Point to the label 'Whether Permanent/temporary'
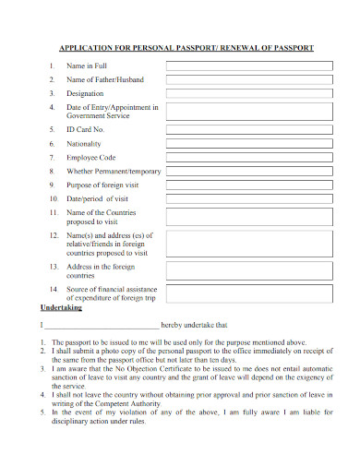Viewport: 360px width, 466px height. tap(114, 172)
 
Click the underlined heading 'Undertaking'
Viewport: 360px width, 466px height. tap(63, 307)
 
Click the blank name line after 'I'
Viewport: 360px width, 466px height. tap(102, 326)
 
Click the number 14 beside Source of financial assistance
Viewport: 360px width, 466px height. tap(54, 290)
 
